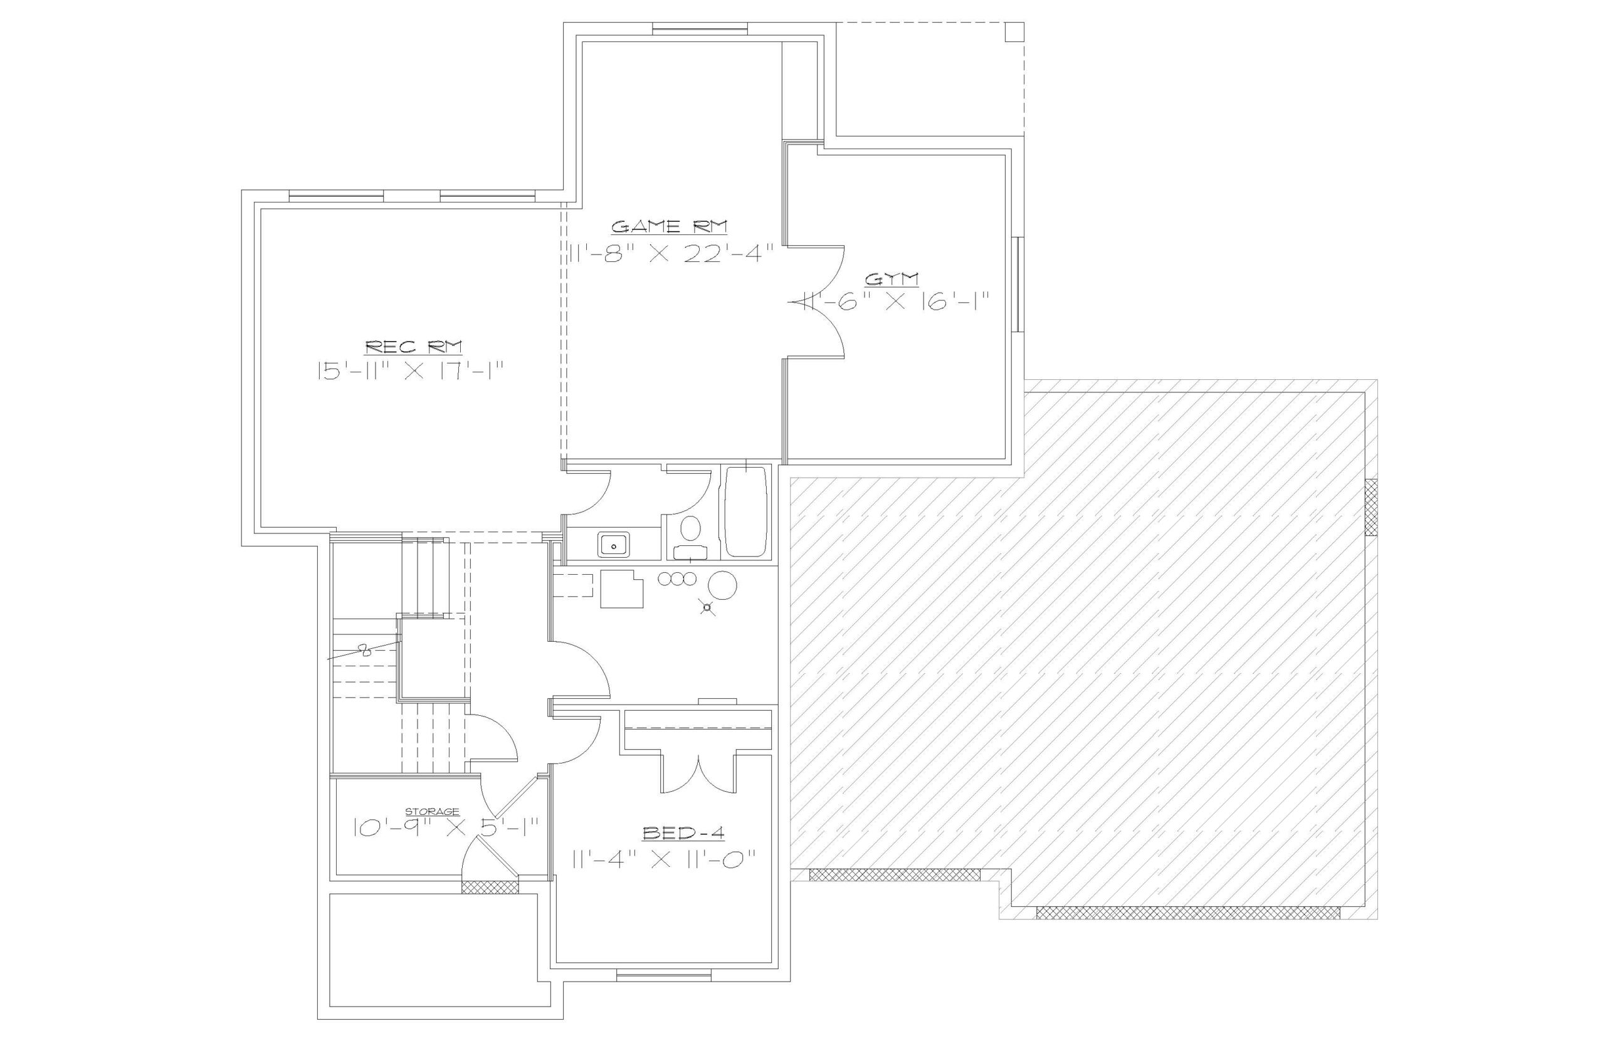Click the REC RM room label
click(x=413, y=347)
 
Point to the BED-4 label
click(x=683, y=834)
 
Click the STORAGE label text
click(x=432, y=812)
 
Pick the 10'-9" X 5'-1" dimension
click(x=446, y=827)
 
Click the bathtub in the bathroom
click(x=745, y=511)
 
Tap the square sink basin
click(x=613, y=543)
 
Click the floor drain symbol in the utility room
click(x=707, y=608)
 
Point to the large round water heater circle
click(x=724, y=585)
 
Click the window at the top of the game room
click(x=700, y=28)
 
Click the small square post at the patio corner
click(x=1014, y=32)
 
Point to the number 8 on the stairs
click(x=365, y=651)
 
